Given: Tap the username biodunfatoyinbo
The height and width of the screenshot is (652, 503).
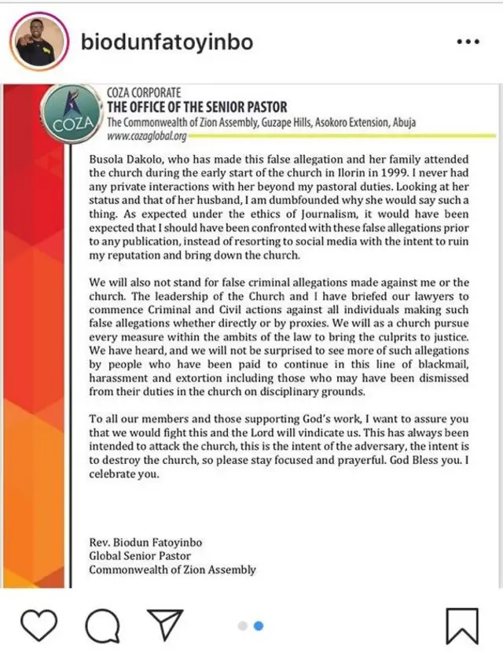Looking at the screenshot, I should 167,42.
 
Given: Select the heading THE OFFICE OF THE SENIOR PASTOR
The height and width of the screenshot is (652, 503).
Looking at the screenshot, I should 196,107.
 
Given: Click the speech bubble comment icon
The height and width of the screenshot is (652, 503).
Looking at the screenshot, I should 101,625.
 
